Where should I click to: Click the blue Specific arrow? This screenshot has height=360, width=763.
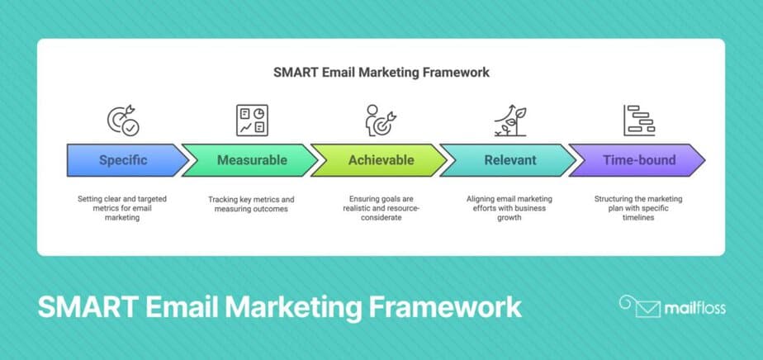(x=124, y=159)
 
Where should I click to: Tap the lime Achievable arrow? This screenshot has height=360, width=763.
(x=379, y=159)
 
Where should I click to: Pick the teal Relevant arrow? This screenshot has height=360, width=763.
(x=510, y=159)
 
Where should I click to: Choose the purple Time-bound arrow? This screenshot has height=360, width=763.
(x=637, y=159)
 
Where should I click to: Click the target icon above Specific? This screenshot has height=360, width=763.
(x=123, y=121)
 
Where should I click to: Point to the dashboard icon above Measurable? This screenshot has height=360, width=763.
(x=251, y=121)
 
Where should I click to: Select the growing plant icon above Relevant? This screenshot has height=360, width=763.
(x=509, y=121)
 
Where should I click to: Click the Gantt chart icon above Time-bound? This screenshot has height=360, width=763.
(x=638, y=121)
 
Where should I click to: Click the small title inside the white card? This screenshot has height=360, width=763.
(x=381, y=73)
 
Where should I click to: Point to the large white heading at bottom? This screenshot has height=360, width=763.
(x=279, y=307)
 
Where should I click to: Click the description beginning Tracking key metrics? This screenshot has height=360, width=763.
(x=251, y=205)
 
